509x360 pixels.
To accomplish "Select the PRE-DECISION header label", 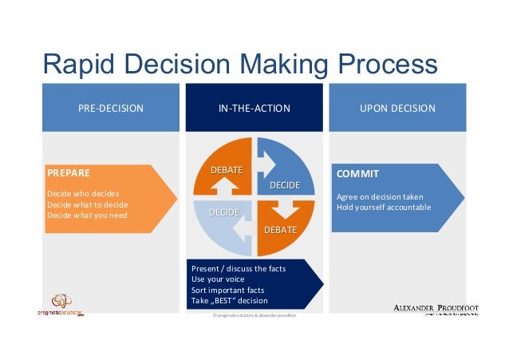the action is tap(110, 108).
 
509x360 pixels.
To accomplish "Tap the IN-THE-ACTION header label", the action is tap(254, 108).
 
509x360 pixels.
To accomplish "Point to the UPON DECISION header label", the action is tap(397, 108).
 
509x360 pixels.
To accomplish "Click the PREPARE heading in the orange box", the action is tap(69, 172).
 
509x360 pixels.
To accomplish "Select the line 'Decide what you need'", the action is tap(87, 215).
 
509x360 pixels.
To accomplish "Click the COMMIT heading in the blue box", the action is tap(357, 173).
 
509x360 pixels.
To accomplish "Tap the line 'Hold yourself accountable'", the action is tap(383, 208).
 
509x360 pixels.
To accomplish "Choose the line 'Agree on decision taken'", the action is tap(380, 197).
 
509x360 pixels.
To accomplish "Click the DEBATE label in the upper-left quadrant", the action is tap(226, 169).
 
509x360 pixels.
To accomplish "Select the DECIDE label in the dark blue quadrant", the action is tap(285, 185).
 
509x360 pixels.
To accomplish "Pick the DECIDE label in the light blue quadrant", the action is tap(224, 213).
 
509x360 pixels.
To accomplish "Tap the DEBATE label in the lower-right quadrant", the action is tap(280, 230).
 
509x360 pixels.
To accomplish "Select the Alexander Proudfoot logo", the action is tap(435, 309).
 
